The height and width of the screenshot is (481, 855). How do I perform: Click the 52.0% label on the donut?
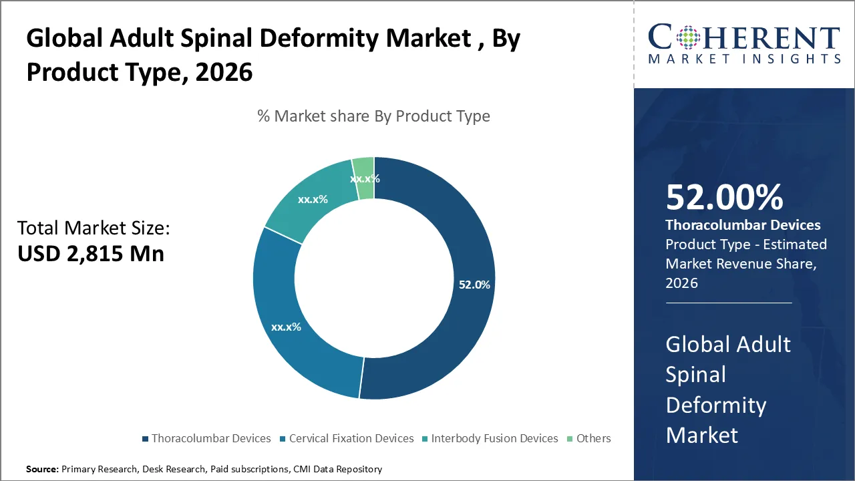474,285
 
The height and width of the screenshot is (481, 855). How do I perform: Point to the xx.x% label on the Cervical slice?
286,327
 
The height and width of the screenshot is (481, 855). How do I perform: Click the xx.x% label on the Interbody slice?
313,199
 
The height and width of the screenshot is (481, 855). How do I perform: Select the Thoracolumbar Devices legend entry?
210,439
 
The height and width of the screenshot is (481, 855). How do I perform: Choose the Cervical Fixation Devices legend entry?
351,439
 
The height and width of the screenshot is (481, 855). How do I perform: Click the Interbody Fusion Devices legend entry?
494,439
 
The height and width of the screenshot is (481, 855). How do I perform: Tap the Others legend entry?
593,439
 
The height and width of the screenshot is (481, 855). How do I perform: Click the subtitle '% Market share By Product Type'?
373,116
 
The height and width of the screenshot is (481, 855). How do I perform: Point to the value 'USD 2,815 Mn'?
90,254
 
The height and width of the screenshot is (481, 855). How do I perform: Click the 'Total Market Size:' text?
94,228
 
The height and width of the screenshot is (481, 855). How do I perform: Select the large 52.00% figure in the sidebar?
724,198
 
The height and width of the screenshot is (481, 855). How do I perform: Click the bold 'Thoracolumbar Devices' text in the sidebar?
743,225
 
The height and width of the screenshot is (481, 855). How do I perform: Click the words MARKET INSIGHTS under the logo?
744,59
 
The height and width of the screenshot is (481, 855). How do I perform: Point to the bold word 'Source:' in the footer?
42,470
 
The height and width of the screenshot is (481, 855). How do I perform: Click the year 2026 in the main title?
224,72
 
